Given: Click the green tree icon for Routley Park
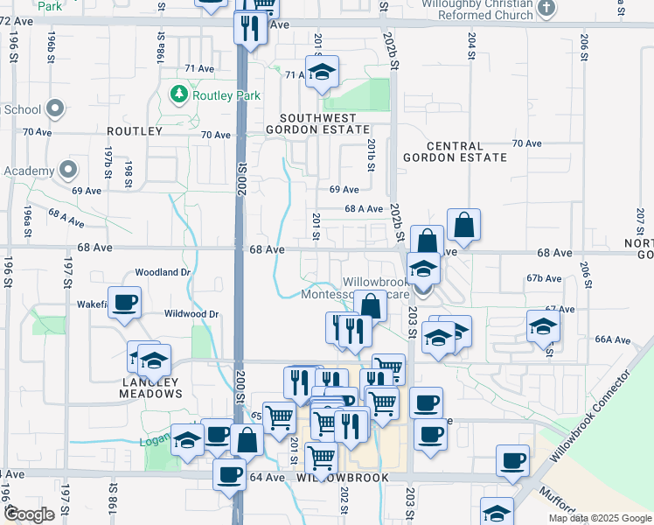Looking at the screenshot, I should [x=178, y=92].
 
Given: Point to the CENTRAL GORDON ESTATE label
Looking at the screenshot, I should [x=455, y=151].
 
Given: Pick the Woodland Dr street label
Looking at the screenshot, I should [x=162, y=272].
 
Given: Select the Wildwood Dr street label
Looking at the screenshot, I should [x=191, y=313].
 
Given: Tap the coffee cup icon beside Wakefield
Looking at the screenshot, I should [x=124, y=302].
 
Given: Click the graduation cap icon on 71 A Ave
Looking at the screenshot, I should [x=322, y=72].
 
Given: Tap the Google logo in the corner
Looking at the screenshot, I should [x=29, y=514].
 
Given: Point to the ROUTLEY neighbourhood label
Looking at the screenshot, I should [x=135, y=131].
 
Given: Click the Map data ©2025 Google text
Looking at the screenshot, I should [x=599, y=518].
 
